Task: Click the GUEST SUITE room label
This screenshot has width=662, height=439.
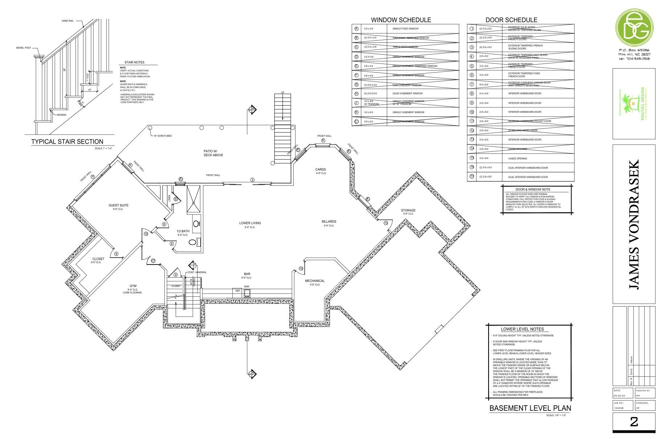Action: pyautogui.click(x=118, y=205)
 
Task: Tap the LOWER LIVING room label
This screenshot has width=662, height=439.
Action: pyautogui.click(x=250, y=223)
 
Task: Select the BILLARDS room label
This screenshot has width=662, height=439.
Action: pyautogui.click(x=329, y=221)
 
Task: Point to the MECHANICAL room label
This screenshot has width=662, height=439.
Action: pyautogui.click(x=314, y=281)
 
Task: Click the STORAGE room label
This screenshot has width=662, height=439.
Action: pyautogui.click(x=408, y=210)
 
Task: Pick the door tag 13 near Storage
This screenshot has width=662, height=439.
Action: pyautogui.click(x=385, y=223)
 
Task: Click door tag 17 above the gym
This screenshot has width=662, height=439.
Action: pyautogui.click(x=153, y=260)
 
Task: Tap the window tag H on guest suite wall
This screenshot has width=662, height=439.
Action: pyautogui.click(x=93, y=177)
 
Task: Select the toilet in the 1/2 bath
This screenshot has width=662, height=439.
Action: pyautogui.click(x=193, y=242)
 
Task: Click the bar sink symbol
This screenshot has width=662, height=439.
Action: pyautogui.click(x=247, y=293)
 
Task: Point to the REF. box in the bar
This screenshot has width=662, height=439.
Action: pyautogui.click(x=238, y=291)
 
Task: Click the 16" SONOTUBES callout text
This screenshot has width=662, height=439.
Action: pyautogui.click(x=163, y=136)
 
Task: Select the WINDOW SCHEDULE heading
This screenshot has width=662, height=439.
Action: pyautogui.click(x=401, y=20)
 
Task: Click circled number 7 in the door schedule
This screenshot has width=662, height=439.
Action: pyautogui.click(x=472, y=84)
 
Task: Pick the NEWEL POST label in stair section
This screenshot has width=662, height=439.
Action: pyautogui.click(x=23, y=48)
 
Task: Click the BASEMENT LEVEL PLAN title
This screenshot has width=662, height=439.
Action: pyautogui.click(x=530, y=408)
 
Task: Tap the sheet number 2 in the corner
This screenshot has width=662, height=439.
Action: pyautogui.click(x=634, y=422)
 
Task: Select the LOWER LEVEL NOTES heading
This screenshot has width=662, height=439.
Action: pyautogui.click(x=522, y=329)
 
